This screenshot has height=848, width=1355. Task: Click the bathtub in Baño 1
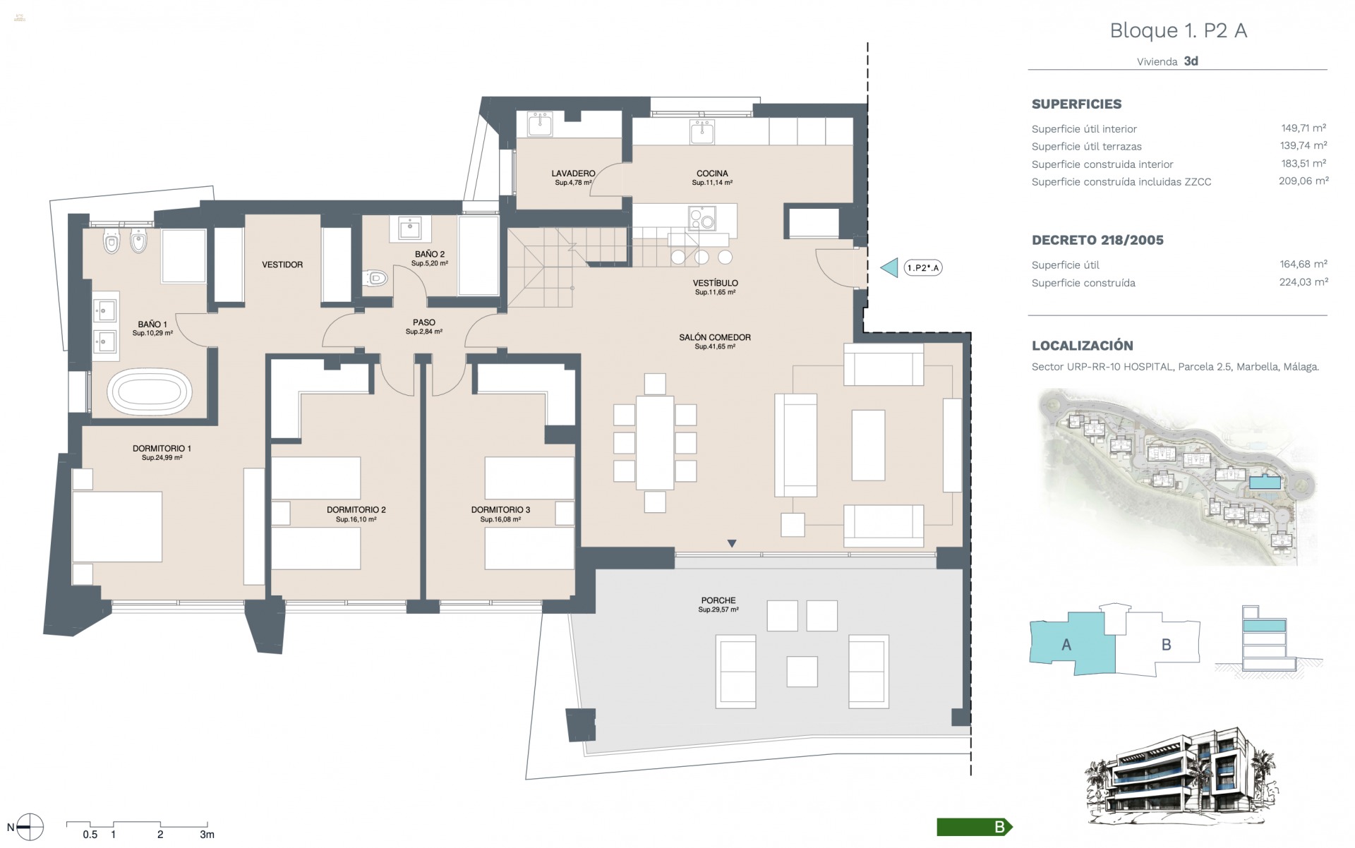click(149, 392)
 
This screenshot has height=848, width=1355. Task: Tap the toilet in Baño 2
click(377, 279)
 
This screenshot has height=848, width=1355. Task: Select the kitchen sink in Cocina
click(702, 131)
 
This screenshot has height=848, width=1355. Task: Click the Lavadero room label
click(573, 174)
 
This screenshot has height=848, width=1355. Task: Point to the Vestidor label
click(282, 265)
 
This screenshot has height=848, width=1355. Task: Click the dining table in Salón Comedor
click(655, 442)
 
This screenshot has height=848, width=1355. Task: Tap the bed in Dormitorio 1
click(117, 527)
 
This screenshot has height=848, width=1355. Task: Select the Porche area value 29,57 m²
click(718, 610)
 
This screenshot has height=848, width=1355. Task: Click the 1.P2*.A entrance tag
click(923, 268)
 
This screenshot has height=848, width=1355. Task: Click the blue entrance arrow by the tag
click(891, 268)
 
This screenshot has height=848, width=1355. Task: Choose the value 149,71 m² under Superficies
click(1303, 128)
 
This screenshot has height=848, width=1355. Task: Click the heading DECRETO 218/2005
click(1097, 241)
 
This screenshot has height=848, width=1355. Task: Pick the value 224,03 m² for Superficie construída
click(1303, 282)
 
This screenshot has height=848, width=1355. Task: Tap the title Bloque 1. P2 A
click(1178, 31)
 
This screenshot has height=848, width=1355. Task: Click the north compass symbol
click(30, 827)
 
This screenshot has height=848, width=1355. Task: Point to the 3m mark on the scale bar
click(207, 834)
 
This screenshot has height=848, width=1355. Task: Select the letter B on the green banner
click(999, 828)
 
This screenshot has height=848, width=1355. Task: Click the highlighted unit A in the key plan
click(1067, 643)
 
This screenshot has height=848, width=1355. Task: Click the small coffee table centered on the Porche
click(802, 671)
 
